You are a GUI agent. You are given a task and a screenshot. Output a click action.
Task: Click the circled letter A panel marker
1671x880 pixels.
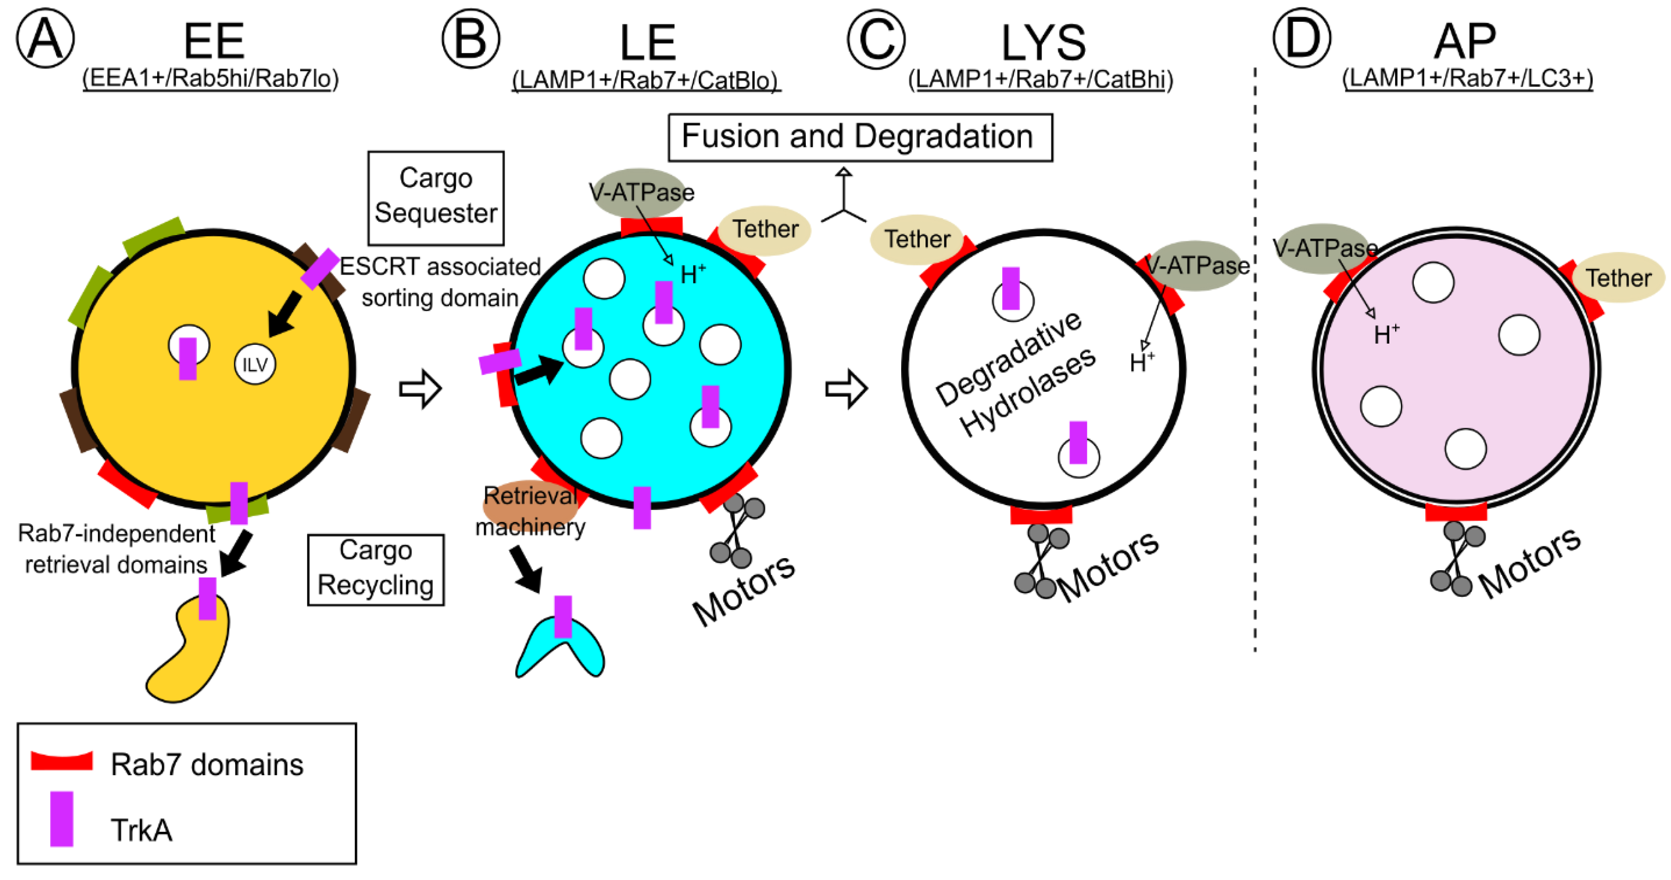[45, 39]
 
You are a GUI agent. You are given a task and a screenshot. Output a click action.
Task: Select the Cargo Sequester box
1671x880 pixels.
[435, 197]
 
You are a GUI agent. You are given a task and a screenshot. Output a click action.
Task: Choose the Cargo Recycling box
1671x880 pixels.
[375, 569]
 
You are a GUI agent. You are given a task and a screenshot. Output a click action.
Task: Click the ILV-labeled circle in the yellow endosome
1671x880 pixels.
[254, 364]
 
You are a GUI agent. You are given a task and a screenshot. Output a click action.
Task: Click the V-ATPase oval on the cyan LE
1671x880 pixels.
[639, 192]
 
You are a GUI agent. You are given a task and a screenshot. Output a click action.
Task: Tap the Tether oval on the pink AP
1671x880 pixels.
[1618, 277]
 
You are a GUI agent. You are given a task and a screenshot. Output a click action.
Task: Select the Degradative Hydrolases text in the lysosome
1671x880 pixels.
[1014, 374]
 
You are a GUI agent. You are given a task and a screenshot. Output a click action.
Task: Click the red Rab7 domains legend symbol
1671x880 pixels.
[61, 760]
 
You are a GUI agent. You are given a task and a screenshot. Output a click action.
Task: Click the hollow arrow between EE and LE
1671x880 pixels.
[420, 389]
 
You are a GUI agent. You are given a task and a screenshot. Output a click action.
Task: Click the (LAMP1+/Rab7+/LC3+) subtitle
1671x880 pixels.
[1467, 78]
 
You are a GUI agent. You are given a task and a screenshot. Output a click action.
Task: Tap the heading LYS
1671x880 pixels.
[1043, 43]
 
